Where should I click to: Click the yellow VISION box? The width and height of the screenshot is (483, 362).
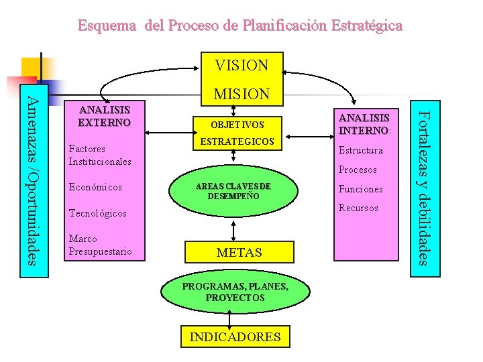tap(241, 65)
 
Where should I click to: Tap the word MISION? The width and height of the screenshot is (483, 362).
tap(241, 95)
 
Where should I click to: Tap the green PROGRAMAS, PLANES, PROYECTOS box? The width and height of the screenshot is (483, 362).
tap(235, 292)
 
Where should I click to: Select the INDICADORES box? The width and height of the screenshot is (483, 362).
tap(235, 337)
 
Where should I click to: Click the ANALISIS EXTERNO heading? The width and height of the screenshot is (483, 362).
tap(104, 116)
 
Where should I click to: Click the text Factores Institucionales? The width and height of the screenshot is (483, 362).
tap(99, 156)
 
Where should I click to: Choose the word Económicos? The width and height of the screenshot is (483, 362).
tap(95, 187)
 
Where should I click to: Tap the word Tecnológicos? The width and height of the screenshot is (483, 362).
tap(97, 213)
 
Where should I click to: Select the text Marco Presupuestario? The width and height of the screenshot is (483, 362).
tap(100, 245)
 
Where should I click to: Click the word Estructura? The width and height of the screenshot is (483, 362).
tap(361, 150)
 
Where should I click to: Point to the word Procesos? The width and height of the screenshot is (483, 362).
tap(358, 170)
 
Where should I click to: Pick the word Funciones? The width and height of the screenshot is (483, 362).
tap(361, 189)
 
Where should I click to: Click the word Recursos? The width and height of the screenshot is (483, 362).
tap(358, 208)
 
